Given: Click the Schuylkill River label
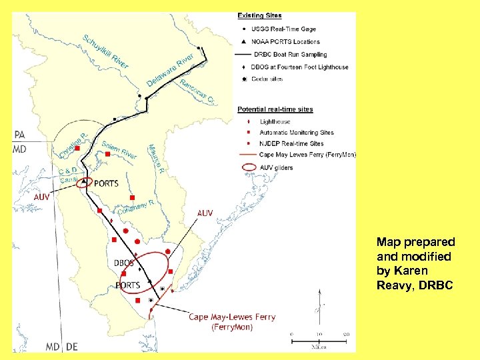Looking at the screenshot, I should click(105, 51).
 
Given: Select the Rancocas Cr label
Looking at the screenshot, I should click(197, 92).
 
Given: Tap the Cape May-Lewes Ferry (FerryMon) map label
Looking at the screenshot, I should click(232, 322).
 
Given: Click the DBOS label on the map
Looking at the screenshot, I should click(123, 263).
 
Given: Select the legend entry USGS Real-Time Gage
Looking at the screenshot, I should click(283, 29).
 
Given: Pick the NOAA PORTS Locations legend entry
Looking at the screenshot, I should click(286, 42).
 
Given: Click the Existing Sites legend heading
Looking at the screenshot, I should click(259, 15).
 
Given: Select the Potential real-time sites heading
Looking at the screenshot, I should click(275, 109).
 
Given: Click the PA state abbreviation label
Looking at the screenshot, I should click(19, 135).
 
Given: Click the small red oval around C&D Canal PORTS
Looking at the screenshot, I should click(85, 183).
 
